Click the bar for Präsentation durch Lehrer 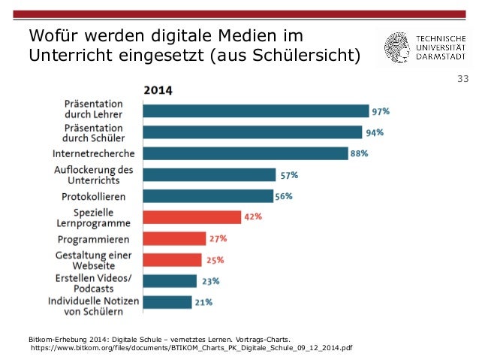coord(255,111)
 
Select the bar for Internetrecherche coord(245,153)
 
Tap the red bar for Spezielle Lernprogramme coord(191,217)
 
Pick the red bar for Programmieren coord(173,239)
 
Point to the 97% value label coord(381,111)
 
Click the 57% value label coord(289,175)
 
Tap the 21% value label coord(203,302)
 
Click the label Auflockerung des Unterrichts coord(94,175)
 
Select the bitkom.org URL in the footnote coord(191,348)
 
